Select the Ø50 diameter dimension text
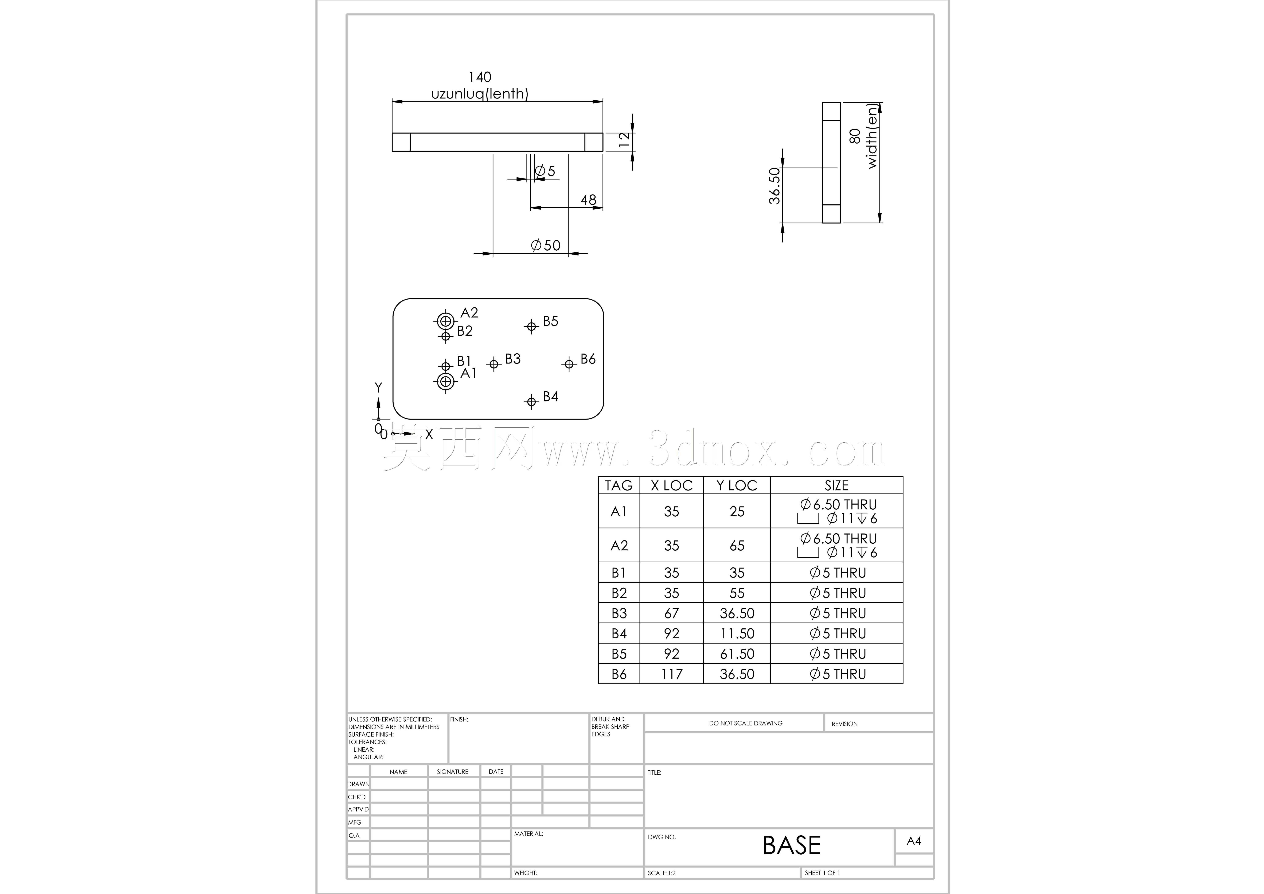tap(546, 245)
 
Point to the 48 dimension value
tap(588, 200)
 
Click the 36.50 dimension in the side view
tap(775, 186)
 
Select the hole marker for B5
tap(531, 326)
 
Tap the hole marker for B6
tap(569, 364)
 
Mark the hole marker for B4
tap(531, 402)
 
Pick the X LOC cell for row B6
tap(672, 674)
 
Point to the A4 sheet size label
tap(914, 841)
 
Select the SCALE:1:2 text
tap(662, 873)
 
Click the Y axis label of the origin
tap(378, 388)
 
